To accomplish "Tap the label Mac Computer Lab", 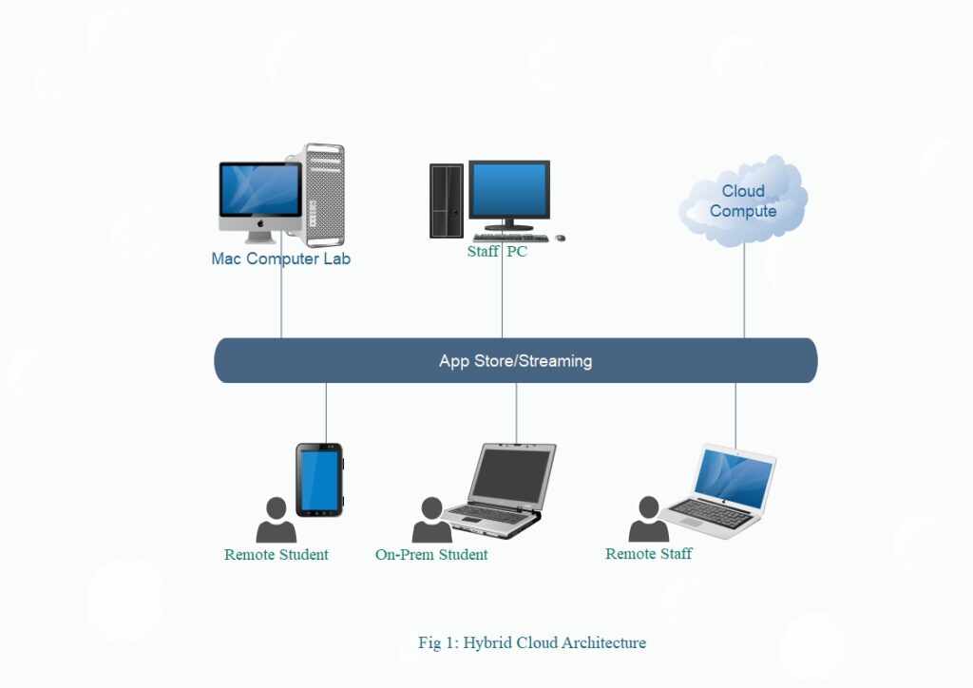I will [280, 258].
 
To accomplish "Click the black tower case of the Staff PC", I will [446, 201].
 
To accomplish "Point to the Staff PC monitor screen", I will [509, 190].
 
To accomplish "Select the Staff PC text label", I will [496, 252].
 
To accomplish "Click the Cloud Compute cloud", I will [743, 201].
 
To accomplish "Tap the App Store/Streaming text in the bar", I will [515, 361].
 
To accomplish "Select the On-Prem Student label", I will [431, 555].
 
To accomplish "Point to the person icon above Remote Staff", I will [649, 520].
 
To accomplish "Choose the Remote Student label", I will [276, 555].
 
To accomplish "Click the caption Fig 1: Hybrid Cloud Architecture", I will [531, 643].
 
